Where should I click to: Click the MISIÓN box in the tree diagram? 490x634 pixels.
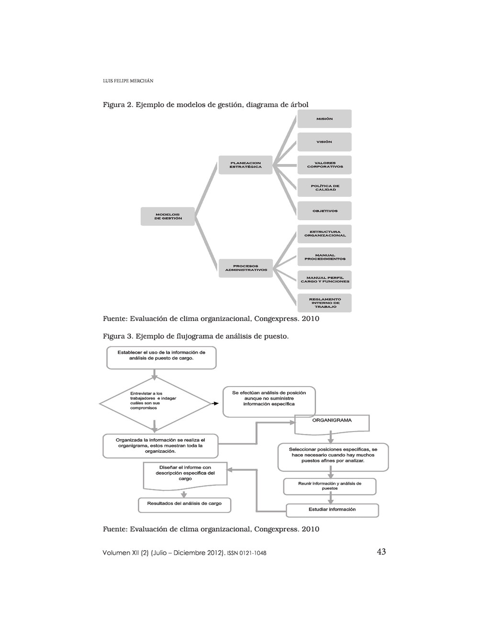pyautogui.click(x=324, y=119)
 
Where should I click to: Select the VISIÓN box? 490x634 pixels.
pyautogui.click(x=324, y=142)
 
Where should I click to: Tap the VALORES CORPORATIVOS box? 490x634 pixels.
pyautogui.click(x=324, y=165)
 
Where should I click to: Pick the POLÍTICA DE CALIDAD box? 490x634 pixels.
pyautogui.click(x=324, y=188)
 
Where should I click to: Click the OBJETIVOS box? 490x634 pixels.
pyautogui.click(x=324, y=211)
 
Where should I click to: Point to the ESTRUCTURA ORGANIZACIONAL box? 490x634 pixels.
pyautogui.click(x=324, y=234)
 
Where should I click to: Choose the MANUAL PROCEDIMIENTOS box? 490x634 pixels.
pyautogui.click(x=324, y=257)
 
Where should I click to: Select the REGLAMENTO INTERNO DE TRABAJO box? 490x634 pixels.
pyautogui.click(x=324, y=303)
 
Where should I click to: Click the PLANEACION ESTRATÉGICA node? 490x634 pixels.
pyautogui.click(x=245, y=165)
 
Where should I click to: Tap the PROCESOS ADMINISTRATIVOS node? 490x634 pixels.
pyautogui.click(x=245, y=268)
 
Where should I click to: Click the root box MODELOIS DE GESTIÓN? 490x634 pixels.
pyautogui.click(x=167, y=216)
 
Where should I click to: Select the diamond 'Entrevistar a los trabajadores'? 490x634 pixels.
pyautogui.click(x=155, y=403)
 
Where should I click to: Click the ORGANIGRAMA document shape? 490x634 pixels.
pyautogui.click(x=332, y=423)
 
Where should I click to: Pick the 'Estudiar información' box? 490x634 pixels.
pyautogui.click(x=332, y=510)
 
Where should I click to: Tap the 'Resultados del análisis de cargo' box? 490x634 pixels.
pyautogui.click(x=185, y=504)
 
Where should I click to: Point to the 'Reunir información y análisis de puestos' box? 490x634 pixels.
pyautogui.click(x=330, y=486)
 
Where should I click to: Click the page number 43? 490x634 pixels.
pyautogui.click(x=381, y=552)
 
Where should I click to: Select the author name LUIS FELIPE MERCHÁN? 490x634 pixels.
pyautogui.click(x=128, y=81)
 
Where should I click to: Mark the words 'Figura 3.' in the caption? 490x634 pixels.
pyautogui.click(x=118, y=336)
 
